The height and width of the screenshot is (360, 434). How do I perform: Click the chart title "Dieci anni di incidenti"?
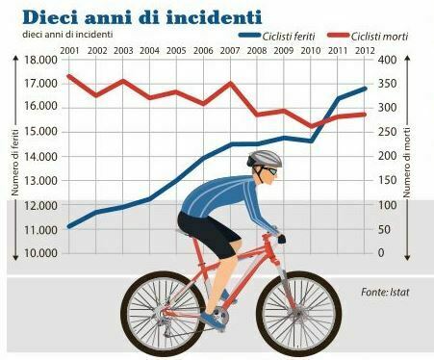[142, 16]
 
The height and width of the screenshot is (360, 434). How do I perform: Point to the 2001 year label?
[69, 51]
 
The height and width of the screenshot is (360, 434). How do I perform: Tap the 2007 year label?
[230, 51]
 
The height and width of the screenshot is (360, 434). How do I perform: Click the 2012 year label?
[365, 51]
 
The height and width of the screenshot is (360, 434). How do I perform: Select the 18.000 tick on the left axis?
[40, 60]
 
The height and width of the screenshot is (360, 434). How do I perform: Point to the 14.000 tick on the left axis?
[40, 157]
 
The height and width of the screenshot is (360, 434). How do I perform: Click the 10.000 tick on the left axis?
[40, 253]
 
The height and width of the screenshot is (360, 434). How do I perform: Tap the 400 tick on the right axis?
[387, 60]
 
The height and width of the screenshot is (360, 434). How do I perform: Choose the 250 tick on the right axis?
[387, 132]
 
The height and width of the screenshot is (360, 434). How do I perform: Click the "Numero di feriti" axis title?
[15, 162]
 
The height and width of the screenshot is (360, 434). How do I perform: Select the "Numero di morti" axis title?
[407, 162]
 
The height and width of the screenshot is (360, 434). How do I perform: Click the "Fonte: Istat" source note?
[385, 292]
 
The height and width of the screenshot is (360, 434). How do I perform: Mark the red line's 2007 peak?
[230, 84]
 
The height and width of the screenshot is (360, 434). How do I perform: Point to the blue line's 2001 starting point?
[69, 226]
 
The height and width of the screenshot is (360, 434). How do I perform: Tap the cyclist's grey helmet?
[265, 159]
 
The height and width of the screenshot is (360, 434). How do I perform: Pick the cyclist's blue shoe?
[213, 321]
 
